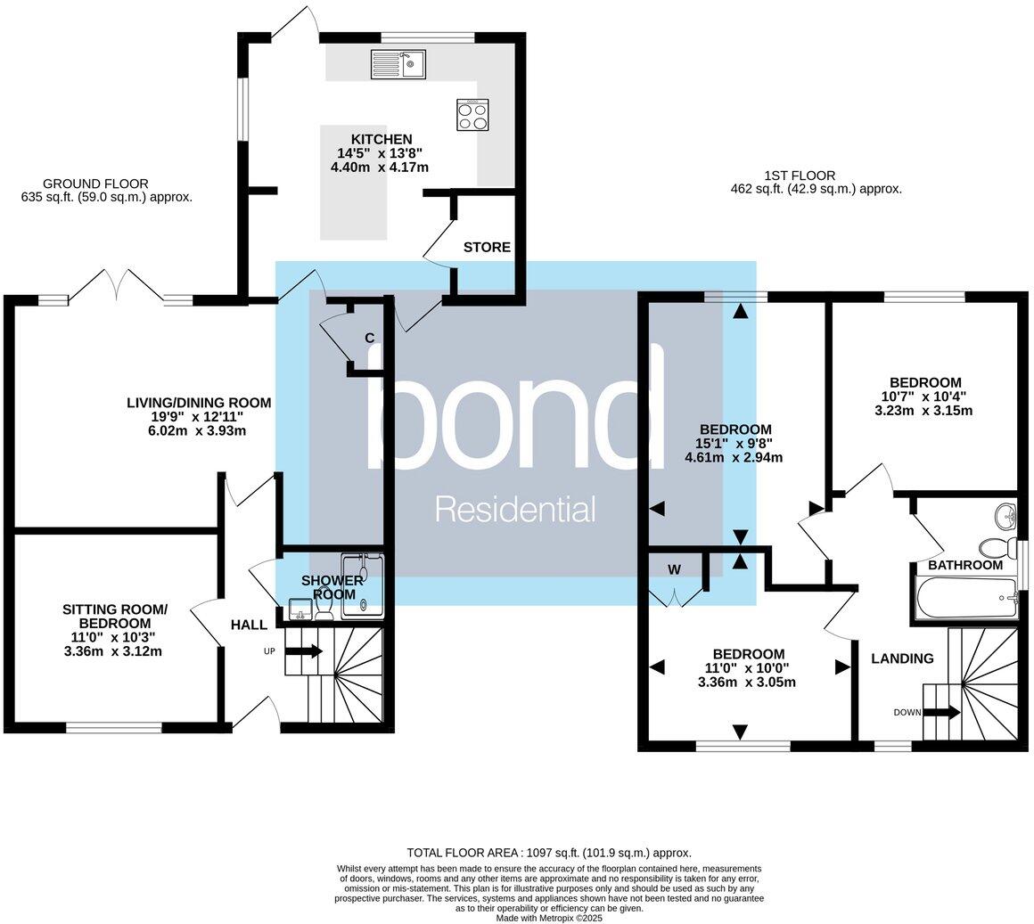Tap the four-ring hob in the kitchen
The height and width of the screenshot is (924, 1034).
point(472,114)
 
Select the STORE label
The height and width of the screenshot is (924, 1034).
point(487,247)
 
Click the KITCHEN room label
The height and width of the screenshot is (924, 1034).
point(381,139)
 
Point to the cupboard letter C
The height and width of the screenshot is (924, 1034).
point(368,338)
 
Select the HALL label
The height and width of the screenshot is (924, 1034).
point(249,626)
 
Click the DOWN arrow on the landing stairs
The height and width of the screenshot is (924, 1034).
point(941,712)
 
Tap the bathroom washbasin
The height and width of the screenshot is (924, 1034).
point(1006,515)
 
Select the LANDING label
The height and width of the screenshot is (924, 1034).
point(903,658)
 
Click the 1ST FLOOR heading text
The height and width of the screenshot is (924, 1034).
point(800,176)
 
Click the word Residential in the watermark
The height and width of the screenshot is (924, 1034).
point(514,510)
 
